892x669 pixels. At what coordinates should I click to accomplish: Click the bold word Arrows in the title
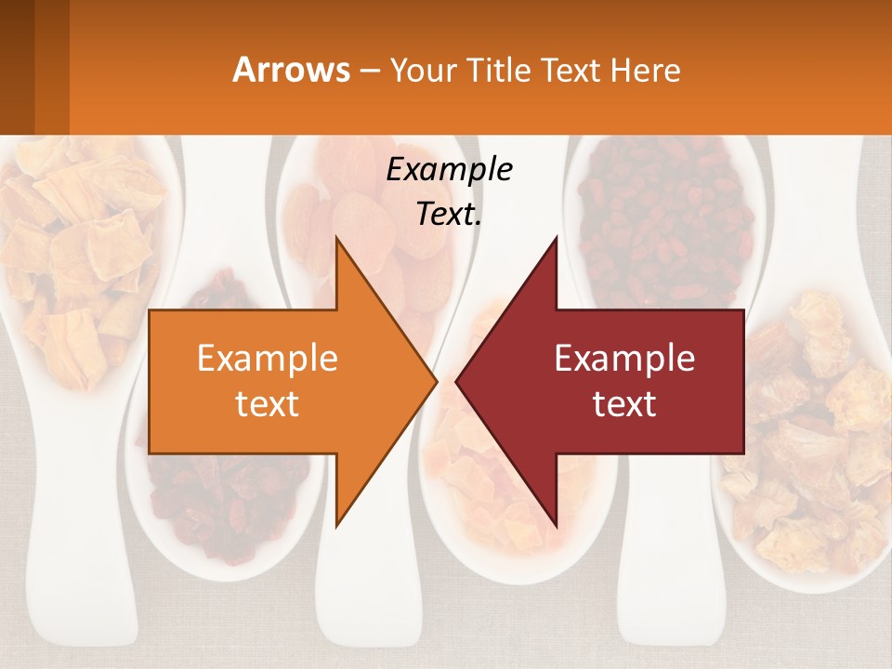point(291,70)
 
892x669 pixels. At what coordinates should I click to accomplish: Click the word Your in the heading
point(424,70)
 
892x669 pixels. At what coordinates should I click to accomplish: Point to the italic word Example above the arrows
point(449,169)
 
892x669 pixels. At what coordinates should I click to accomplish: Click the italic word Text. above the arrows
point(449,214)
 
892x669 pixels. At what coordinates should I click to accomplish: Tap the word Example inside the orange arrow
point(267,359)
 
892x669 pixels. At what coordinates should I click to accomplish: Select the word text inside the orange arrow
point(267,404)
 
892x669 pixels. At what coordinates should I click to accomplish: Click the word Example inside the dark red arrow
point(624,359)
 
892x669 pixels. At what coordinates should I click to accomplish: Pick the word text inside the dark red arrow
point(624,404)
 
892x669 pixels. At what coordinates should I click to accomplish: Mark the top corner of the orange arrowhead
point(336,238)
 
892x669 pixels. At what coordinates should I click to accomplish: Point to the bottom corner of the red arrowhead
point(556,525)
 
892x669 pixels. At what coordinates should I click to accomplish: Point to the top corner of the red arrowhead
point(556,238)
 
